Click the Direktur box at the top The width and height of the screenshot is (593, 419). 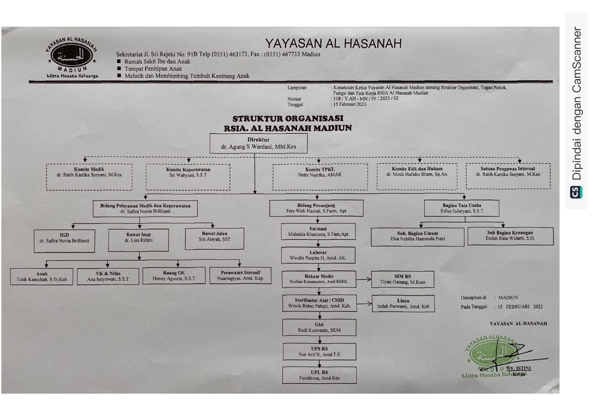click(x=258, y=143)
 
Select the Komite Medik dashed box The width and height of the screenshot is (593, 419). click(x=89, y=177)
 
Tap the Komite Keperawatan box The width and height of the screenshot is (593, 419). click(x=188, y=177)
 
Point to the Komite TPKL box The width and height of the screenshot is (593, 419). click(x=320, y=177)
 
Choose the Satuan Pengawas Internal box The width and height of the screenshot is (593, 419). click(x=508, y=176)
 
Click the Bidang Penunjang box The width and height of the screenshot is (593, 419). click(x=316, y=208)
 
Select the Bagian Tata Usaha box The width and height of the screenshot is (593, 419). click(x=462, y=208)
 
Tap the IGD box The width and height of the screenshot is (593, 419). click(x=64, y=241)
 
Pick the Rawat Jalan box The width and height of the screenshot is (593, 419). click(x=215, y=239)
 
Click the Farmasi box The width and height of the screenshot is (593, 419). click(x=318, y=231)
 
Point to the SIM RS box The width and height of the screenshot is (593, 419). click(x=402, y=279)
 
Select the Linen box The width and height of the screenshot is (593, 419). click(x=403, y=303)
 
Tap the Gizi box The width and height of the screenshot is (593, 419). click(x=319, y=327)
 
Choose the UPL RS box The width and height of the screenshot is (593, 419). click(x=319, y=375)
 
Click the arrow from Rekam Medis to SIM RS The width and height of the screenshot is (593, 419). click(x=364, y=279)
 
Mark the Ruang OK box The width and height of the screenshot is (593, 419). click(x=174, y=276)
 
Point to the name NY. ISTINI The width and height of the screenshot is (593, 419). click(x=518, y=368)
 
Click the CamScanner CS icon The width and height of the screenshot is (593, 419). click(x=576, y=192)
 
